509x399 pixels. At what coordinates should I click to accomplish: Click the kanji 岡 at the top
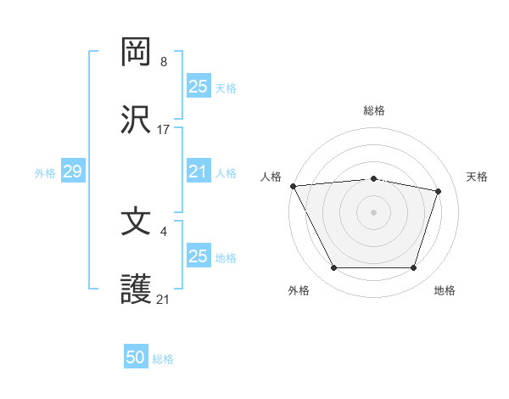[x=137, y=52]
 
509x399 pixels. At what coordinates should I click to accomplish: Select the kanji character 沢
[x=137, y=120]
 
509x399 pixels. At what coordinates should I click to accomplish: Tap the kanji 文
[x=137, y=222]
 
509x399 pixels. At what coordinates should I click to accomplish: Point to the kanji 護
[x=137, y=289]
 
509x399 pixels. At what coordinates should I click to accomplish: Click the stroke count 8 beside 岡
[x=164, y=62]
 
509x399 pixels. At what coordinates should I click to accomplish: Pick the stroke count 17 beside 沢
[x=164, y=130]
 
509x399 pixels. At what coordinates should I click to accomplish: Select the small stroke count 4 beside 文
[x=164, y=231]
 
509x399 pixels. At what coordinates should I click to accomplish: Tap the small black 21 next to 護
[x=164, y=300]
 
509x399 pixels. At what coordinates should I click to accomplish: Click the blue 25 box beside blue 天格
[x=198, y=87]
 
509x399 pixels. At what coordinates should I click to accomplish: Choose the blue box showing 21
[x=198, y=172]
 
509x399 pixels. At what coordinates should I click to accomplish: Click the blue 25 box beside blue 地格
[x=198, y=256]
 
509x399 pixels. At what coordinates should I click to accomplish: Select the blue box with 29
[x=72, y=172]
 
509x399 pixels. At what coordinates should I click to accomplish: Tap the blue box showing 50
[x=136, y=358]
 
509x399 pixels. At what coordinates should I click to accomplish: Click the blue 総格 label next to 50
[x=163, y=359]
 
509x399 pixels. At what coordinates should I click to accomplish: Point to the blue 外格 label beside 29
[x=45, y=173]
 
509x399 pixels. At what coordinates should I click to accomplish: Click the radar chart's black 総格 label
[x=374, y=110]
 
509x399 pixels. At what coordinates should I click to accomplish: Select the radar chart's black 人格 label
[x=270, y=177]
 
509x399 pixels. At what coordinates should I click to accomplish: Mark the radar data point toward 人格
[x=293, y=186]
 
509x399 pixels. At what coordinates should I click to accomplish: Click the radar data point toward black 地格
[x=414, y=268]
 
